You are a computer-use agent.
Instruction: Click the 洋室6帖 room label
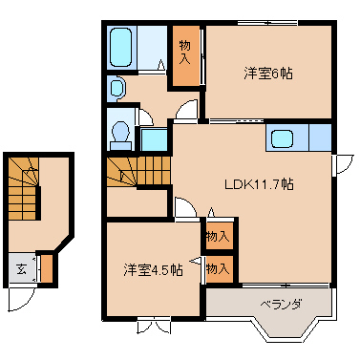(x=268, y=74)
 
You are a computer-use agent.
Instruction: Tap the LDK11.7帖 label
(x=259, y=184)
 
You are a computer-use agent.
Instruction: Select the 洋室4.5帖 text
(x=153, y=270)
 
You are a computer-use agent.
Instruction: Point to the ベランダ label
(x=281, y=305)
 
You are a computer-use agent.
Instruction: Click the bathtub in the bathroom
(x=121, y=47)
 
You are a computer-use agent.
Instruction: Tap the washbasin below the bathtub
(x=117, y=88)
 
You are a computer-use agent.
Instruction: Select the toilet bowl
(x=121, y=134)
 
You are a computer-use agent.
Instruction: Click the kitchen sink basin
(x=282, y=138)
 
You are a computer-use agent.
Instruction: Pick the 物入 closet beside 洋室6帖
(x=186, y=55)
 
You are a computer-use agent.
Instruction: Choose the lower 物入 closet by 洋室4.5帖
(x=220, y=269)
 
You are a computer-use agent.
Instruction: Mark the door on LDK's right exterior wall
(x=342, y=165)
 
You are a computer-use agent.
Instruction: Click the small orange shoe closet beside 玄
(x=47, y=268)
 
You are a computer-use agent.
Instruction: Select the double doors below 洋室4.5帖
(x=154, y=326)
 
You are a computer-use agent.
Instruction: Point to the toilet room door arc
(x=145, y=117)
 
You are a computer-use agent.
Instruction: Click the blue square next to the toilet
(x=154, y=139)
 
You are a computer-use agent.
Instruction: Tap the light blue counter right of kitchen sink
(x=320, y=138)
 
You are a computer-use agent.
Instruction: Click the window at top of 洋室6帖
(x=268, y=23)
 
